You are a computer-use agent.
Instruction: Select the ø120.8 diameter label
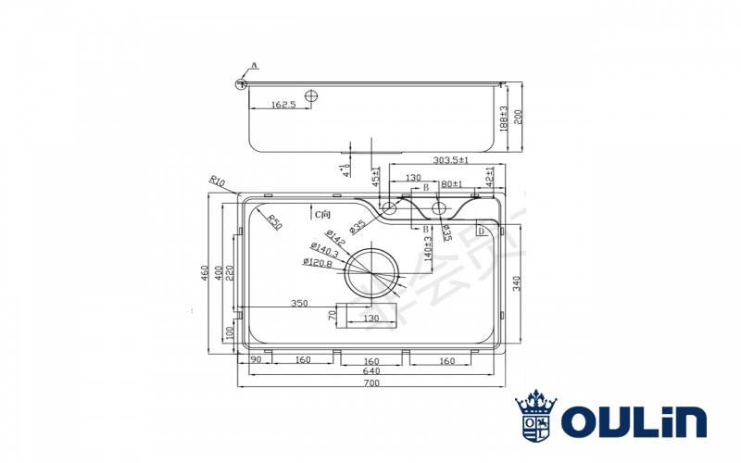click(318, 264)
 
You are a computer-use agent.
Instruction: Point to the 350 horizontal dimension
click(298, 303)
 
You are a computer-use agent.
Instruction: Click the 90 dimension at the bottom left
click(254, 361)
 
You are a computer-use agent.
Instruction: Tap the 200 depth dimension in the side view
click(518, 117)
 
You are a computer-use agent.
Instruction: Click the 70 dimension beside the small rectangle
click(331, 315)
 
